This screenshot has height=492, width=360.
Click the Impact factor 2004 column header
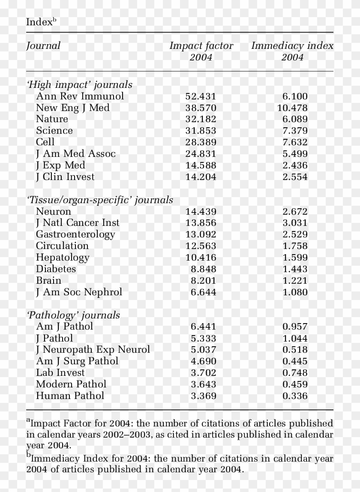pyautogui.click(x=201, y=51)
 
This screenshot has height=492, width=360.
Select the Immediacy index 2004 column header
pyautogui.click(x=292, y=51)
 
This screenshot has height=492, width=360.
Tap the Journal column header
pyautogui.click(x=43, y=45)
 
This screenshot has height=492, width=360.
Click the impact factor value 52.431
pyautogui.click(x=201, y=96)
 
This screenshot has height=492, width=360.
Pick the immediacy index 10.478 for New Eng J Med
pyautogui.click(x=292, y=108)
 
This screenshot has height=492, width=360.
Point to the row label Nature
pyautogui.click(x=52, y=119)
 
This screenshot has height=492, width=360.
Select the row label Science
pyautogui.click(x=54, y=131)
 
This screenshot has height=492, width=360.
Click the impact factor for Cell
pyautogui.click(x=201, y=142)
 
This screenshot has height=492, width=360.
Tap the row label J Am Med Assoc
pyautogui.click(x=76, y=154)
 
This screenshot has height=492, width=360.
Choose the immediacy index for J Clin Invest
pyautogui.click(x=295, y=177)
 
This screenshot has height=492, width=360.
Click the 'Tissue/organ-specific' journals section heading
pyautogui.click(x=100, y=200)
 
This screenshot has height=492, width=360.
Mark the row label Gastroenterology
pyautogui.click(x=75, y=234)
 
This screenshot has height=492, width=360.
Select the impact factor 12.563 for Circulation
pyautogui.click(x=201, y=246)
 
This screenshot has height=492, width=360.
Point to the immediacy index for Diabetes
pyautogui.click(x=295, y=269)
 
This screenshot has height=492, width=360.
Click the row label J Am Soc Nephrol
pyautogui.click(x=79, y=292)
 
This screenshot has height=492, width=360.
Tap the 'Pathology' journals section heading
pyautogui.click(x=73, y=315)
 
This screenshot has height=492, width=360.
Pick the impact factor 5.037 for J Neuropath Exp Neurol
pyautogui.click(x=203, y=350)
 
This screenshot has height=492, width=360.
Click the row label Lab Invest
pyautogui.click(x=60, y=373)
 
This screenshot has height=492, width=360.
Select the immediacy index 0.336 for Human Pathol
pyautogui.click(x=295, y=396)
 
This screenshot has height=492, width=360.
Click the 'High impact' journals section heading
pyautogui.click(x=79, y=85)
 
